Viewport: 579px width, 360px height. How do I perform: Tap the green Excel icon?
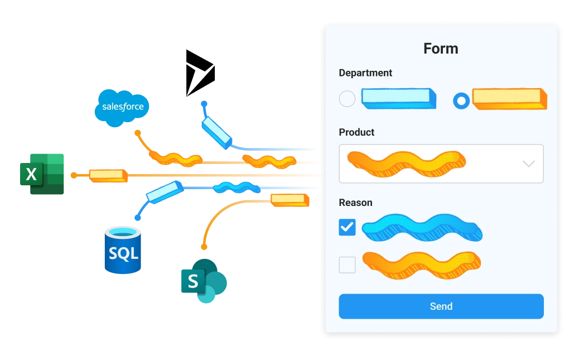pos(43,174)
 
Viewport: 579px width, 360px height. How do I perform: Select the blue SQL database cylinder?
pos(123,251)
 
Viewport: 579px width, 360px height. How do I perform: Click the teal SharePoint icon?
pos(202,280)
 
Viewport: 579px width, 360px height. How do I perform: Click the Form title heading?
pos(441,49)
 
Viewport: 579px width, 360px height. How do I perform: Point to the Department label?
pos(365,73)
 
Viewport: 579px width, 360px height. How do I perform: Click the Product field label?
pos(356,132)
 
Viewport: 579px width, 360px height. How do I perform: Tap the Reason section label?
pos(355,203)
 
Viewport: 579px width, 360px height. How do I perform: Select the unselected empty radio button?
pos(347,99)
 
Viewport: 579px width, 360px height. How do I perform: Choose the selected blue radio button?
pos(461,100)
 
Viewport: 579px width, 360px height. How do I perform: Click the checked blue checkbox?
pos(347,227)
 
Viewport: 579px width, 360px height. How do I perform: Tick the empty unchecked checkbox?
pos(347,265)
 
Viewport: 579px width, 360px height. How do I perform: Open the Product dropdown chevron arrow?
pos(528,164)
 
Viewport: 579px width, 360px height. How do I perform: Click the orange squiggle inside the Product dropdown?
pos(406,162)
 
